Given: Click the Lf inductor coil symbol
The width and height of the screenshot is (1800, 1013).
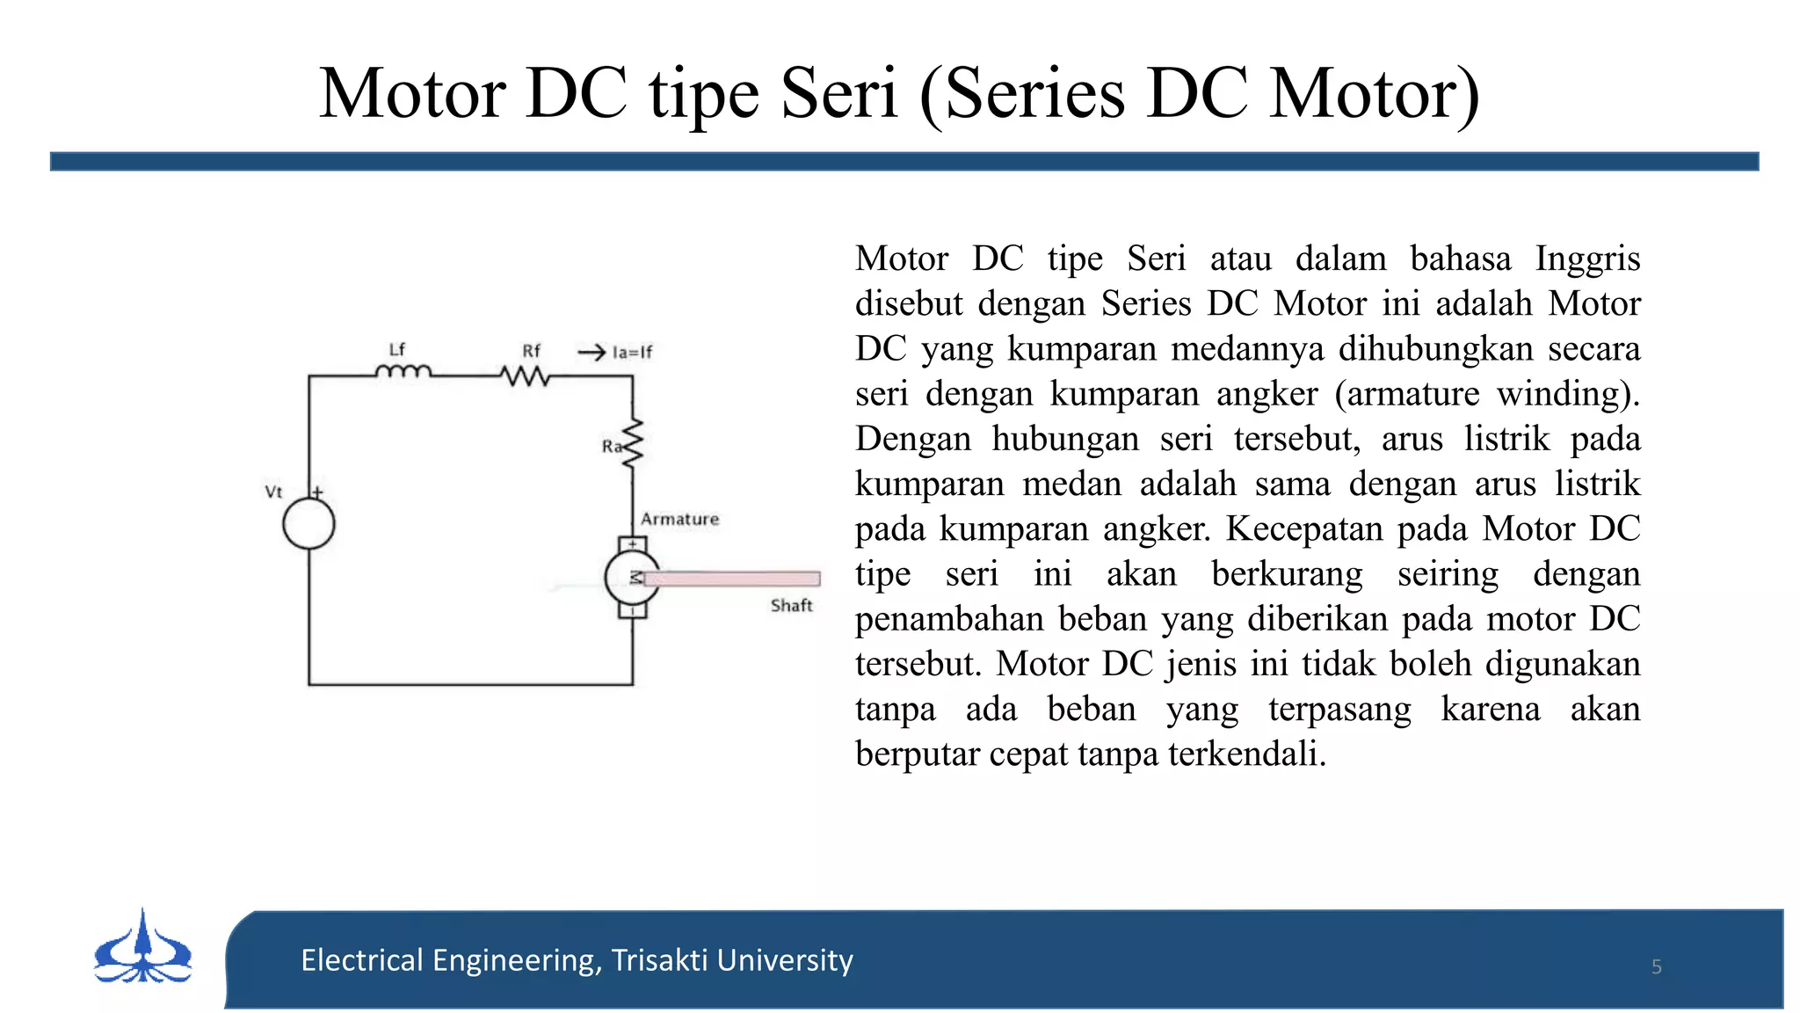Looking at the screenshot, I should coord(403,372).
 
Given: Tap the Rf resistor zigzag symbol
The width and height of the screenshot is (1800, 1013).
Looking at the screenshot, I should coord(526,376).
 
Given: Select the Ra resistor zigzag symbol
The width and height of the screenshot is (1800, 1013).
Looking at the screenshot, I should coord(633,442).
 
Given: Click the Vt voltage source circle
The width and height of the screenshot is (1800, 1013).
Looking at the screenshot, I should coord(308,524).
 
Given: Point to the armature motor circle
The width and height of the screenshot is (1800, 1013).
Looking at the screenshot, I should coord(631,578).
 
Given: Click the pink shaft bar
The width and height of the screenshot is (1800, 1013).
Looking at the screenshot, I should coord(733,579).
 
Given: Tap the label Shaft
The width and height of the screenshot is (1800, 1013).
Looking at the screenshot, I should coord(791,606).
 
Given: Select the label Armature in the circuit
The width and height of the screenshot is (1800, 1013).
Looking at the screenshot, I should coord(679,520).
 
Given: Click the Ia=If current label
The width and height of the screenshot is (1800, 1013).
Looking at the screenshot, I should coord(633,353).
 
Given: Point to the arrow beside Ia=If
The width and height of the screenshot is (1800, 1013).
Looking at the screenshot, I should coord(592,353).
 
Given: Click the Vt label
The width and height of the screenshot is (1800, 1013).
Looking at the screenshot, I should coord(273,492).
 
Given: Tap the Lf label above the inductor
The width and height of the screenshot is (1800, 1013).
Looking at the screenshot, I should coord(397,349).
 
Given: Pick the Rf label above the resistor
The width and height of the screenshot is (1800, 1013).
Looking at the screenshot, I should coord(532,351).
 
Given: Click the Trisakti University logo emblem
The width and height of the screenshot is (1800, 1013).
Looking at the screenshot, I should coord(143,949).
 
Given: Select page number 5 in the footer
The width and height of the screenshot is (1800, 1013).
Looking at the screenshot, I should coord(1656,967).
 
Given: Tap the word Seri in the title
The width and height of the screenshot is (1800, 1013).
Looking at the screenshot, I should coord(839,93).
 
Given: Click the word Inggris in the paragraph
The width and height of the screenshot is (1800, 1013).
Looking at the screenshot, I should coord(1587,259).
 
